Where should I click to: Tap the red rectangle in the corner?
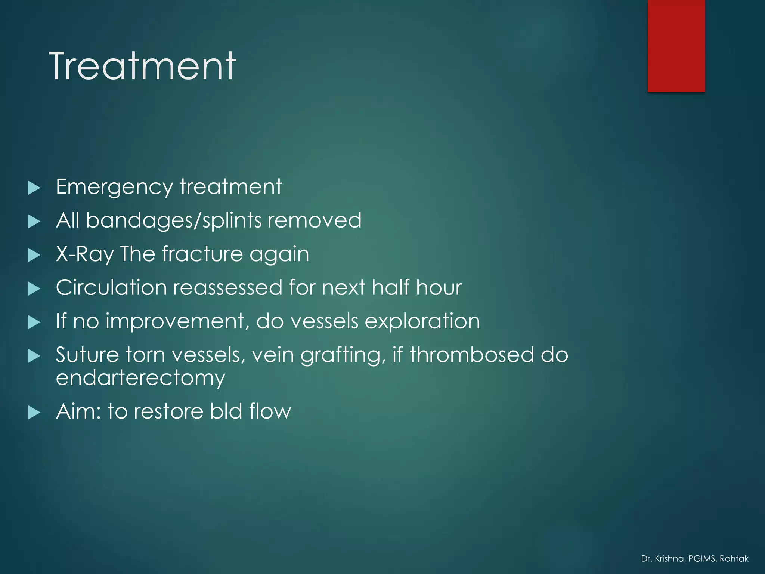(676, 46)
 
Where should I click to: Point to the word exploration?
(422, 322)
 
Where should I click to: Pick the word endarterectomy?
(140, 378)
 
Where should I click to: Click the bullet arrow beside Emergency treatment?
(34, 188)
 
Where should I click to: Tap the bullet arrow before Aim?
(34, 413)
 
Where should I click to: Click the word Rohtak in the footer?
(734, 559)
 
